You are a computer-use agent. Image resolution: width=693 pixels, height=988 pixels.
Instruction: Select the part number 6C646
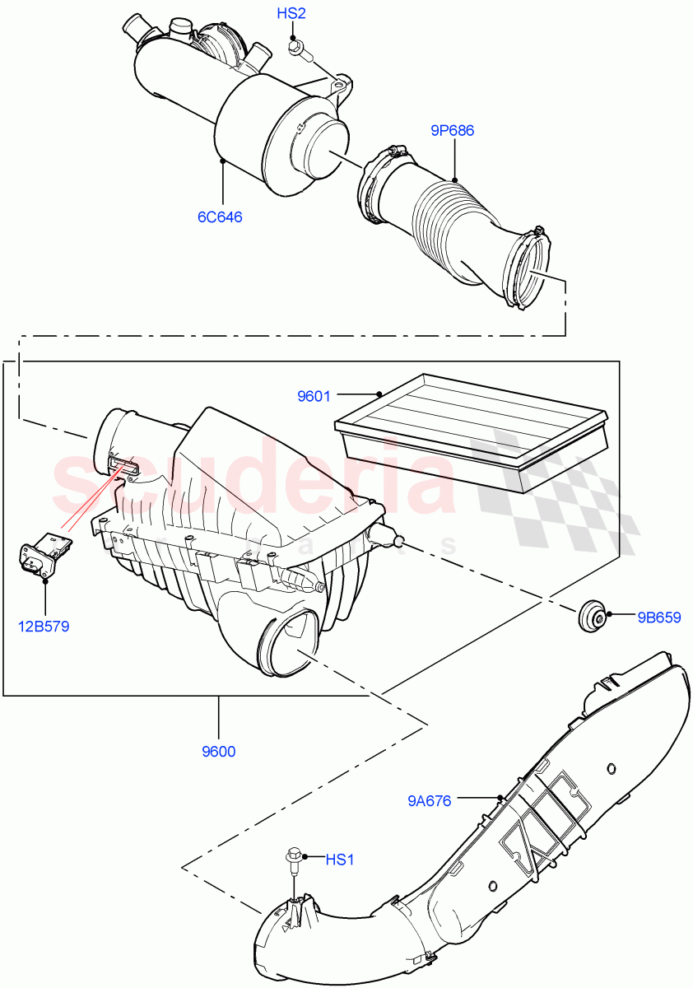pyautogui.click(x=219, y=217)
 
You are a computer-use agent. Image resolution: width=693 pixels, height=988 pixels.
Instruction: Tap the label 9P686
pyautogui.click(x=452, y=130)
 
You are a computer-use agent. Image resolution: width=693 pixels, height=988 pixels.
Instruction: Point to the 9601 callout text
pyautogui.click(x=314, y=396)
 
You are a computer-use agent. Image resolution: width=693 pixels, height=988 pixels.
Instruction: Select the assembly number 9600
pyautogui.click(x=218, y=752)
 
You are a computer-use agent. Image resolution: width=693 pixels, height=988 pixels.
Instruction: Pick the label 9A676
pyautogui.click(x=429, y=799)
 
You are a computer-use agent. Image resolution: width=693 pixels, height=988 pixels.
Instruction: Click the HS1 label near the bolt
pyautogui.click(x=339, y=860)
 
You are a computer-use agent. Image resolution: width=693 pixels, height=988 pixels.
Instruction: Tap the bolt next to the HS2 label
pyautogui.click(x=297, y=52)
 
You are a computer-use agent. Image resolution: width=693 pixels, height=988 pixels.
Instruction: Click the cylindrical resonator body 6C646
pyautogui.click(x=272, y=140)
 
